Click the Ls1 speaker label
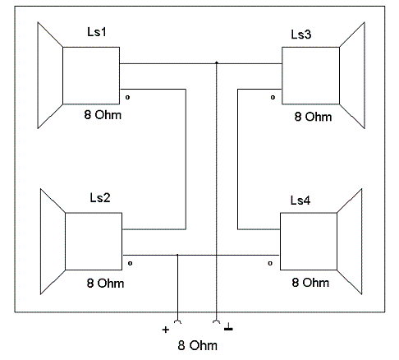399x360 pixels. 97,32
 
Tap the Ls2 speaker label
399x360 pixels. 100,197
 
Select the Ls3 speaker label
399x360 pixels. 301,35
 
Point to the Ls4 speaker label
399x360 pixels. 300,201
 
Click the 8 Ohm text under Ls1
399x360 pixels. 103,115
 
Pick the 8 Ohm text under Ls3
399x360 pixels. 313,117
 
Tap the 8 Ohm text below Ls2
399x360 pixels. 105,283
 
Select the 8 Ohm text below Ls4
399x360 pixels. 310,283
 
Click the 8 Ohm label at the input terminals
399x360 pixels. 198,345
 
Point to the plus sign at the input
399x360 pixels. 166,330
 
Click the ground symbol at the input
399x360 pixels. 228,327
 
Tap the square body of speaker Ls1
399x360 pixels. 91,76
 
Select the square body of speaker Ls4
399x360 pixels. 309,242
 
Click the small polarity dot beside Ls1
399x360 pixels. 127,97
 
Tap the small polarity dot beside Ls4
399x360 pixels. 270,263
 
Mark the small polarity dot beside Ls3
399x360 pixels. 273,97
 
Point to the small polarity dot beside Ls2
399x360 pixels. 131,263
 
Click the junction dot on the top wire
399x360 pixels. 217,62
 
